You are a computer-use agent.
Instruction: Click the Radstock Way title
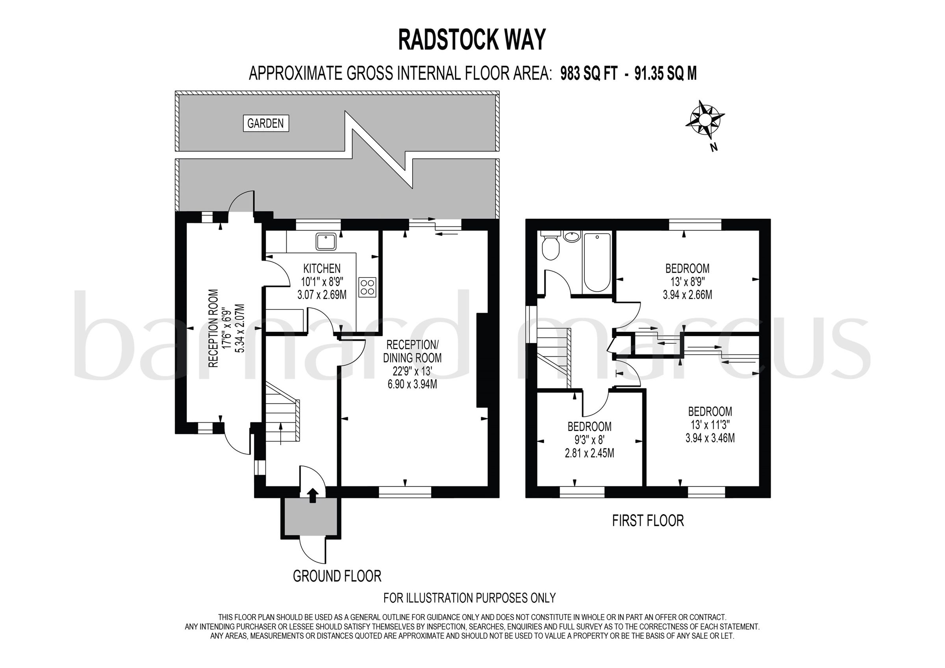click(x=472, y=40)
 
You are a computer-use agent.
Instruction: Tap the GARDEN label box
click(x=265, y=123)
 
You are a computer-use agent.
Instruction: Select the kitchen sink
click(x=326, y=242)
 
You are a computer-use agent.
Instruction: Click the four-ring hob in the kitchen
click(x=367, y=287)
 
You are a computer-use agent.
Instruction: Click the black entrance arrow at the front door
click(x=313, y=495)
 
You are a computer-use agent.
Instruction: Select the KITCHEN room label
click(x=322, y=268)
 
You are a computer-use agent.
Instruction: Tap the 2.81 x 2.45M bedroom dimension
click(x=589, y=453)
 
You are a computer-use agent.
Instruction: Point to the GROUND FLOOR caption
click(x=337, y=576)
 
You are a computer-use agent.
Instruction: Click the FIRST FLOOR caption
click(x=648, y=520)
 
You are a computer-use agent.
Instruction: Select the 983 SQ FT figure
click(x=589, y=74)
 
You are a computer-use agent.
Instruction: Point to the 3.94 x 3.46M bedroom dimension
click(x=710, y=439)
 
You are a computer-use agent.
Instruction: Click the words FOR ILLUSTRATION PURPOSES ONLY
click(x=469, y=598)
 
